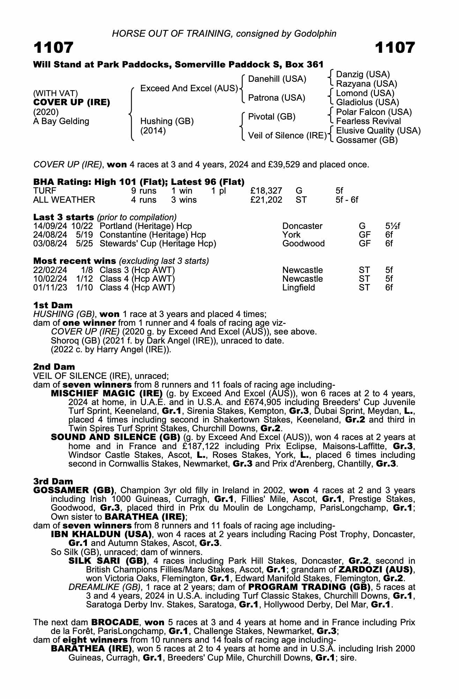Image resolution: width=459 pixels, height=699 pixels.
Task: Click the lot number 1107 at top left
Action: [53, 48]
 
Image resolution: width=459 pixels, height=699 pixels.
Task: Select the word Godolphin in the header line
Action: [315, 34]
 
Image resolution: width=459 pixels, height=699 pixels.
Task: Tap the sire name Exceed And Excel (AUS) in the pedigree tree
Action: [189, 88]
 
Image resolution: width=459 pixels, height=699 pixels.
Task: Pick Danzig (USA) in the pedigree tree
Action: [363, 74]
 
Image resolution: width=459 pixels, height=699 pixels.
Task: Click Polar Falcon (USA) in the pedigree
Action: [374, 112]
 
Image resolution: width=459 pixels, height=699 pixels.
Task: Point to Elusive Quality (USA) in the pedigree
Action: [378, 131]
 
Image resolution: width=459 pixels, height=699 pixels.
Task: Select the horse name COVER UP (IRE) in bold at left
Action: [72, 102]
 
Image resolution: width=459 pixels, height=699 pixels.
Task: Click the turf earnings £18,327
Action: [266, 191]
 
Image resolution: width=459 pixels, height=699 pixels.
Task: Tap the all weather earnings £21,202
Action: [266, 200]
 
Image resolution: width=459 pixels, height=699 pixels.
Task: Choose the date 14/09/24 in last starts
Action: [50, 226]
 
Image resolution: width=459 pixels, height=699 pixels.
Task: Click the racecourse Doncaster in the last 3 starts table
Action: [302, 226]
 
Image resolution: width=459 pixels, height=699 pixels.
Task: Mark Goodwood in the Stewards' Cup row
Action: [303, 244]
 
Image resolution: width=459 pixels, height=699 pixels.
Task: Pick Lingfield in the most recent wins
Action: [298, 288]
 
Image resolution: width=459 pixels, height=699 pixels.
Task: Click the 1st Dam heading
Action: [53, 305]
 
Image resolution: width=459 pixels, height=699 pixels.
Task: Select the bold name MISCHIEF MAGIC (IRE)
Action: [107, 394]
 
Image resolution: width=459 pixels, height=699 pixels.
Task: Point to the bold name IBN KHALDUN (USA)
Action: [101, 534]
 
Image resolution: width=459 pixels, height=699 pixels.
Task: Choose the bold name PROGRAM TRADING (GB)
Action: [309, 587]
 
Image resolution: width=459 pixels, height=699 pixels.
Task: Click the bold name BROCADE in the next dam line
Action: [116, 622]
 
